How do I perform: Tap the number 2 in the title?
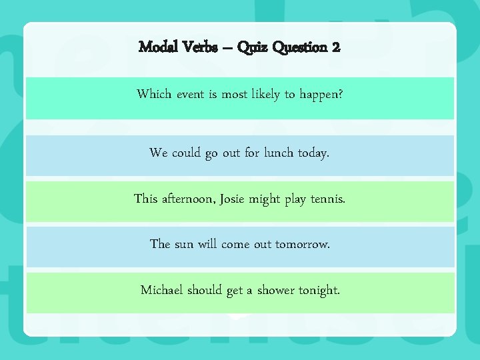335,47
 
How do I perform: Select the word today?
315,153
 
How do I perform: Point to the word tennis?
329,199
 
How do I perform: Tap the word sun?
186,244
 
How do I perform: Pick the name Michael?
162,290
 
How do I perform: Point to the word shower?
280,290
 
